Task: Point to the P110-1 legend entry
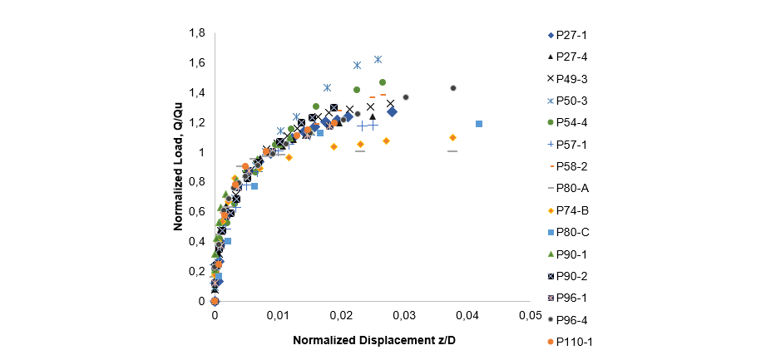coord(574,342)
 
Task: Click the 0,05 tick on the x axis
coord(530,317)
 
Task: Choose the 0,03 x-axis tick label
coord(403,317)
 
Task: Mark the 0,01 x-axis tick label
coord(277,317)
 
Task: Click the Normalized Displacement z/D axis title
coord(373,342)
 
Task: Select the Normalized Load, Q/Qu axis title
coord(178,166)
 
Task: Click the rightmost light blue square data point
coord(479,124)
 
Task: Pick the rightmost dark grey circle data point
coord(453,88)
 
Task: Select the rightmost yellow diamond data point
coord(452,137)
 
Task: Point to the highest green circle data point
coord(383,82)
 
